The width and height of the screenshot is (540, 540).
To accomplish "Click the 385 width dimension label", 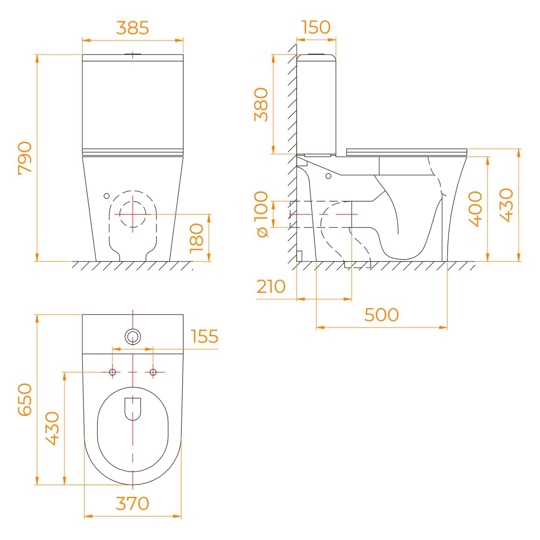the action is (132, 28).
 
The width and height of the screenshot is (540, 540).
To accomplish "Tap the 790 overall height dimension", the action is (25, 158).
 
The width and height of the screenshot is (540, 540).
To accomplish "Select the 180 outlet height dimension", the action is (197, 238).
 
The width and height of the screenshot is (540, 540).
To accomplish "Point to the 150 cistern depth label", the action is (316, 27).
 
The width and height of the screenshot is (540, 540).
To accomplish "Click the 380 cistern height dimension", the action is (261, 104).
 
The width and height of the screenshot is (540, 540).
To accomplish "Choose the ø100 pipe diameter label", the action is (262, 214).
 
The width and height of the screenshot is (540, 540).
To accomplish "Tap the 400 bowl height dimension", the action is (476, 209).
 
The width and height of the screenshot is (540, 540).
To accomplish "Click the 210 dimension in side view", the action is (271, 286).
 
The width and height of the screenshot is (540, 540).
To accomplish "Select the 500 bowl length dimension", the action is (382, 315).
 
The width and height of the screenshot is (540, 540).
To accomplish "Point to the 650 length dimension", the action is (25, 399).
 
